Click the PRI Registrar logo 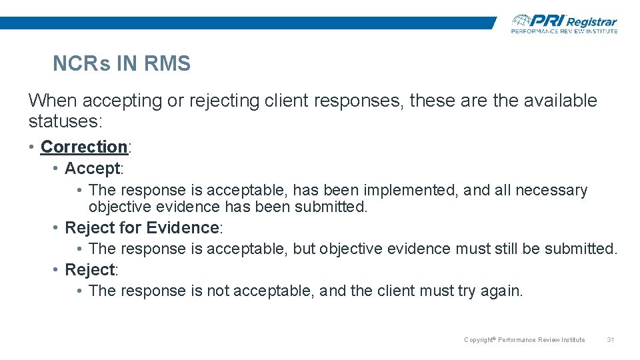pyautogui.click(x=564, y=23)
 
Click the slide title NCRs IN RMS pyautogui.click(x=121, y=64)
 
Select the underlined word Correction pyautogui.click(x=84, y=147)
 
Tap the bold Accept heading pyautogui.click(x=92, y=169)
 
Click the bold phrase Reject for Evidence pyautogui.click(x=141, y=228)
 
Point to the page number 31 pyautogui.click(x=610, y=340)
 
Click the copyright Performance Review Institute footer pyautogui.click(x=524, y=340)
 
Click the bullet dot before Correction pyautogui.click(x=32, y=147)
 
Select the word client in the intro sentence pyautogui.click(x=287, y=101)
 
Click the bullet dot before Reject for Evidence pyautogui.click(x=56, y=228)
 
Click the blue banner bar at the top pyautogui.click(x=247, y=23)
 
